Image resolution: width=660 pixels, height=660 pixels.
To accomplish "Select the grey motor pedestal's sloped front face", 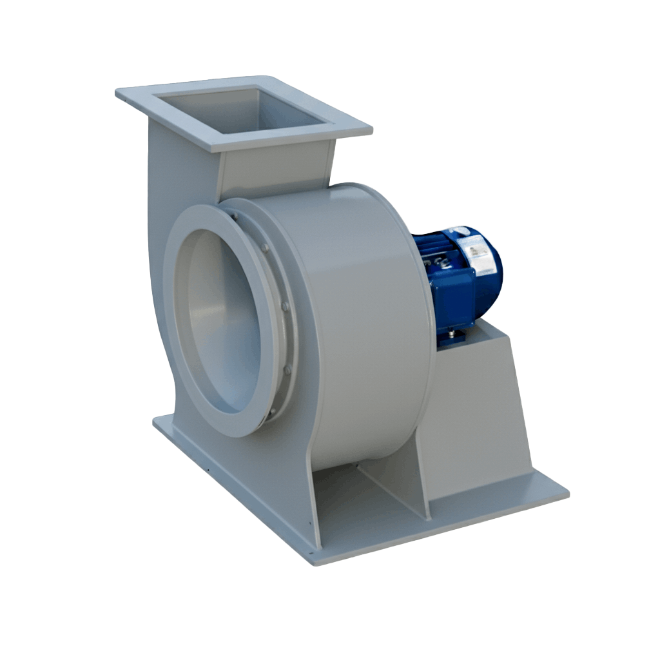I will pos(474,412).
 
